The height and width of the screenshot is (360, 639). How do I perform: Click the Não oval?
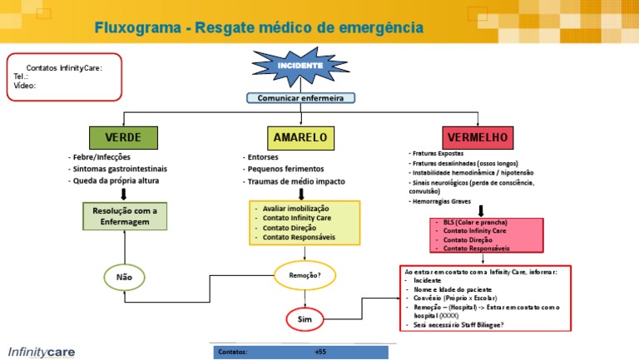[x=124, y=277]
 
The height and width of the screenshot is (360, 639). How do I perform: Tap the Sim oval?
[x=305, y=319]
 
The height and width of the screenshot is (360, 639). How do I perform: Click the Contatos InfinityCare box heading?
[x=64, y=67]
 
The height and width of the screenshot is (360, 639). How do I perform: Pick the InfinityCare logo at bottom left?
[x=41, y=352]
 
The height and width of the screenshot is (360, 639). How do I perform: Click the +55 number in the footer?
[x=320, y=353]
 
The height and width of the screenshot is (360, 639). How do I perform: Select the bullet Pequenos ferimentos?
[x=283, y=169]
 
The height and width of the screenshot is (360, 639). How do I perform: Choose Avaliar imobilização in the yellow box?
[x=295, y=208]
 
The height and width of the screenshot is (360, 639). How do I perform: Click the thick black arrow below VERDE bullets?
[x=124, y=194]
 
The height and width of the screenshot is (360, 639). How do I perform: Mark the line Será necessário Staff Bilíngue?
[x=470, y=325]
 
